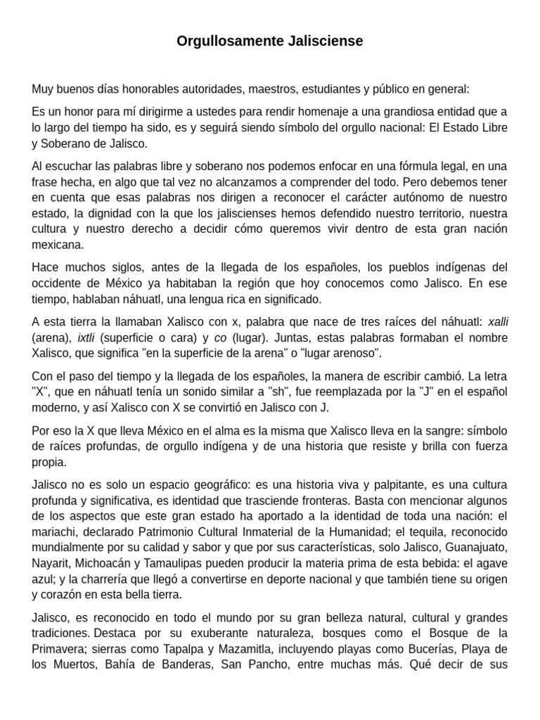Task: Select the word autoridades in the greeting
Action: point(205,89)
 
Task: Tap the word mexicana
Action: point(58,245)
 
